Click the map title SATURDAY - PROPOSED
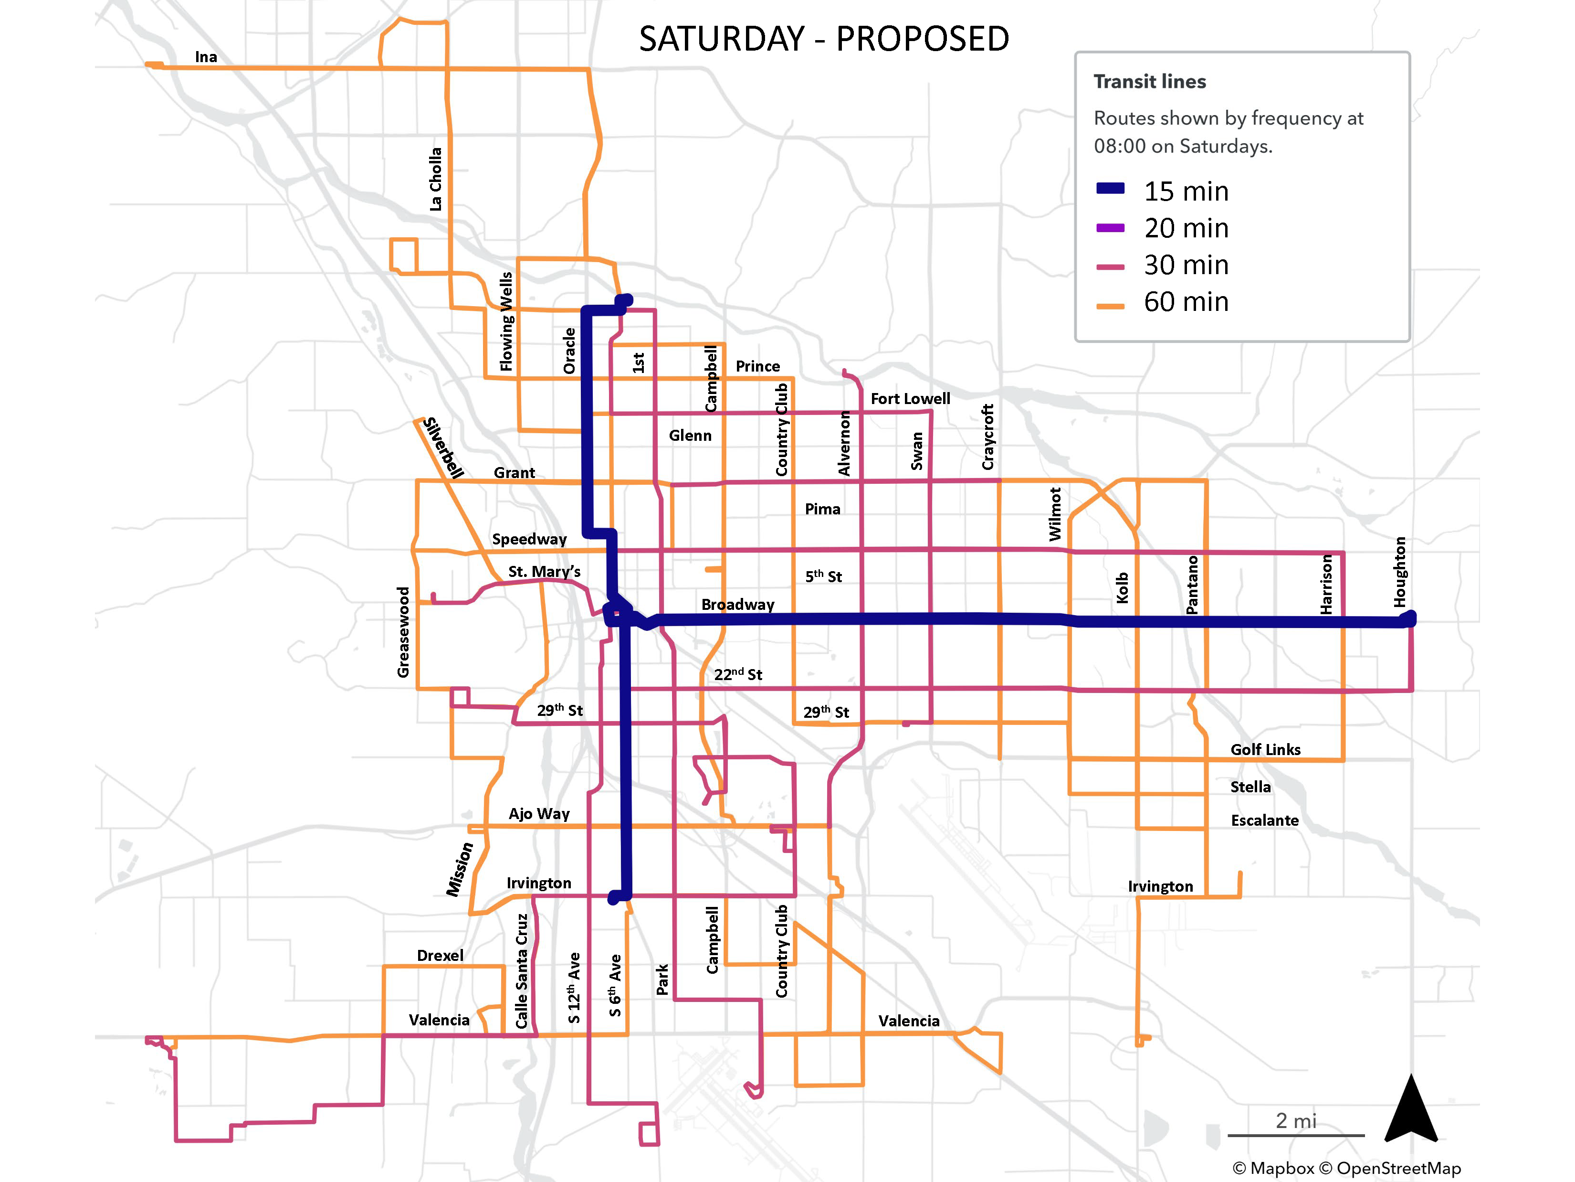coord(824,39)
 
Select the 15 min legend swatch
coord(1110,189)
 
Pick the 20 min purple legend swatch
coord(1110,228)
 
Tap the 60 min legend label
coord(1186,302)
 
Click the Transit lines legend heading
coord(1149,82)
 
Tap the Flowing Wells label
coord(506,321)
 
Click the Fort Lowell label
coord(910,399)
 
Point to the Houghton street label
coord(1400,572)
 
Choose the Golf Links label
coord(1265,749)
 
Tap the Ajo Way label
coord(539,814)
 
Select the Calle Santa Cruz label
coord(522,971)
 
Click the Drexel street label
coord(440,956)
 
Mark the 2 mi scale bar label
coord(1296,1121)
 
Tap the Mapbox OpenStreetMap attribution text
coord(1346,1169)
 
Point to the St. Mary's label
coord(544,571)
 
